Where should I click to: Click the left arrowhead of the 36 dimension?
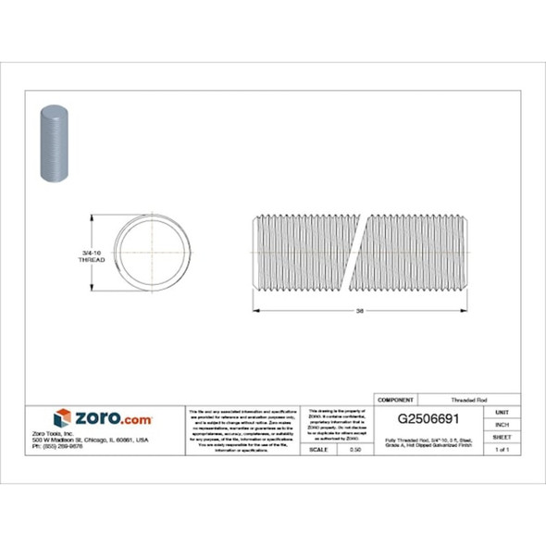258,311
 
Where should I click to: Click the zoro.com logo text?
112,418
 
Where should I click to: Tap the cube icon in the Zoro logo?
62,418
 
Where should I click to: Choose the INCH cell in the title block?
503,424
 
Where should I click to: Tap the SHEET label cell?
503,436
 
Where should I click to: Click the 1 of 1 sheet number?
503,449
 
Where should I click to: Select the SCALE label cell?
317,449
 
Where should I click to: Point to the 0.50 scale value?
354,449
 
